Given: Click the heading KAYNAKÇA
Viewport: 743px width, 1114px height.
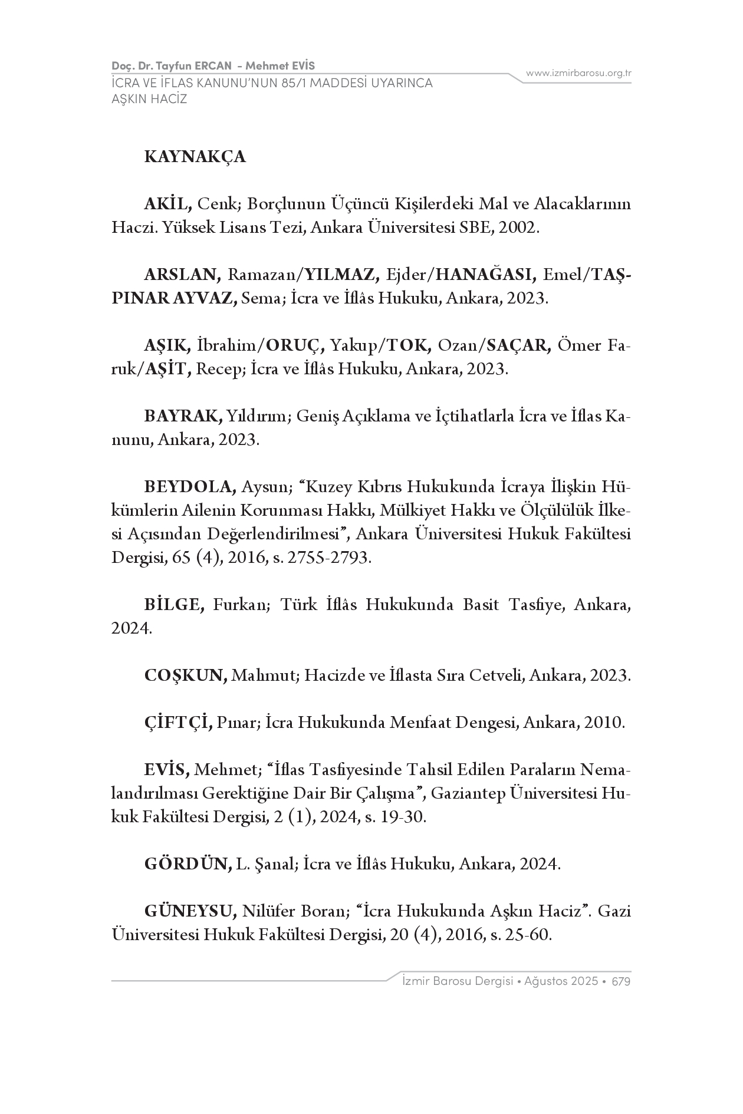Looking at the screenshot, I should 195,157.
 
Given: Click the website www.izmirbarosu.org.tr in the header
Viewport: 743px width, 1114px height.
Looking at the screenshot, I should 578,74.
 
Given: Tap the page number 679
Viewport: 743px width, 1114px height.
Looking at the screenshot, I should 622,981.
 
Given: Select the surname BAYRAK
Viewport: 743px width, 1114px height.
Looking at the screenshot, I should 183,416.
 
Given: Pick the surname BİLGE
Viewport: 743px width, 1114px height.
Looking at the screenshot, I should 174,605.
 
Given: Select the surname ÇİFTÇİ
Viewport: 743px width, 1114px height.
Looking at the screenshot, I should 178,723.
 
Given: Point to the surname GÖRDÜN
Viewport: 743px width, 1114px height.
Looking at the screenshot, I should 188,864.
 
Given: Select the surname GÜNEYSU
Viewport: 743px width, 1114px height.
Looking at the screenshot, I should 190,912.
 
